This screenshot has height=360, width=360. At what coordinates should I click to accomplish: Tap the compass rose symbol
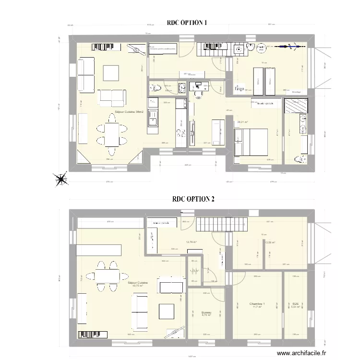(61, 179)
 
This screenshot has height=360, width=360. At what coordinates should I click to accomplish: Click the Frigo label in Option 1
(238, 88)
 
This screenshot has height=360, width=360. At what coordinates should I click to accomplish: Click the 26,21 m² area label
(242, 122)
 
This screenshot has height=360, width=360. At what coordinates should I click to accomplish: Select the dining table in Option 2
(107, 274)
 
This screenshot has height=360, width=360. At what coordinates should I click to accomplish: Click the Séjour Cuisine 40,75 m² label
(138, 285)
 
